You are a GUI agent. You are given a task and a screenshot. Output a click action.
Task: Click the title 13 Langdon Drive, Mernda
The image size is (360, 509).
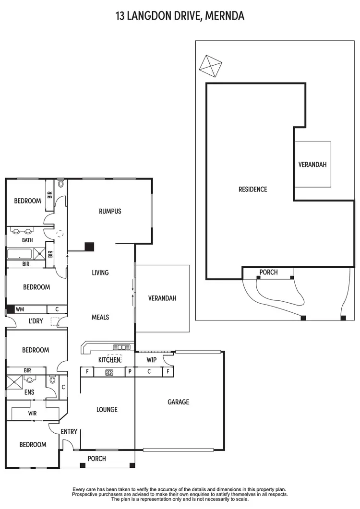click(x=180, y=16)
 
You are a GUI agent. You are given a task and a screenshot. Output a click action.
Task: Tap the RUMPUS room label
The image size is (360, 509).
click(x=110, y=211)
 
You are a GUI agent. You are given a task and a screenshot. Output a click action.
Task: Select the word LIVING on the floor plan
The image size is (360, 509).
click(x=100, y=272)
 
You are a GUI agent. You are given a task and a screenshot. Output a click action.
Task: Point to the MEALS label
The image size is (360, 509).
click(x=100, y=317)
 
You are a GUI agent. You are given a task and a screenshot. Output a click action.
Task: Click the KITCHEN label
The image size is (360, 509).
click(x=109, y=359)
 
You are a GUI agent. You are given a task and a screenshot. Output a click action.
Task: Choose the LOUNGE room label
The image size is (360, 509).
click(x=107, y=409)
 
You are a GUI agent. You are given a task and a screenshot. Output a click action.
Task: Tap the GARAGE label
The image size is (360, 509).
click(x=178, y=402)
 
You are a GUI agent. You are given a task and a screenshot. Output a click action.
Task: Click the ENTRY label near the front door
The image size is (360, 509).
click(x=69, y=432)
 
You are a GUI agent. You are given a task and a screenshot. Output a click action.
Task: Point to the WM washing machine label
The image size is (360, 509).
click(x=20, y=309)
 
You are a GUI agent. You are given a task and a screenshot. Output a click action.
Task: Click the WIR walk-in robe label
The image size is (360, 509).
click(x=33, y=413)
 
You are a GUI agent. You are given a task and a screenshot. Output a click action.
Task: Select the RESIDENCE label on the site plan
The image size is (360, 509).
click(x=252, y=189)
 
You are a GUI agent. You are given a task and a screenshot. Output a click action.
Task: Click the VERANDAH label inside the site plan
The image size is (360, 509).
click(x=312, y=164)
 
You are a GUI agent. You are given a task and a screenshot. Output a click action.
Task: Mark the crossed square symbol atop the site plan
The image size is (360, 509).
click(x=211, y=65)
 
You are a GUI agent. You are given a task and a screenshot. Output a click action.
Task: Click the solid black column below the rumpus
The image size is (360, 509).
click(x=89, y=247)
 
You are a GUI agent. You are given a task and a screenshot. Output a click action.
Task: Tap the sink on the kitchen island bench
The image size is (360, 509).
click(x=121, y=347)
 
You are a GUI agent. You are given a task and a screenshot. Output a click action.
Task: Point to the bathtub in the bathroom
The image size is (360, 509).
click(x=20, y=253)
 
